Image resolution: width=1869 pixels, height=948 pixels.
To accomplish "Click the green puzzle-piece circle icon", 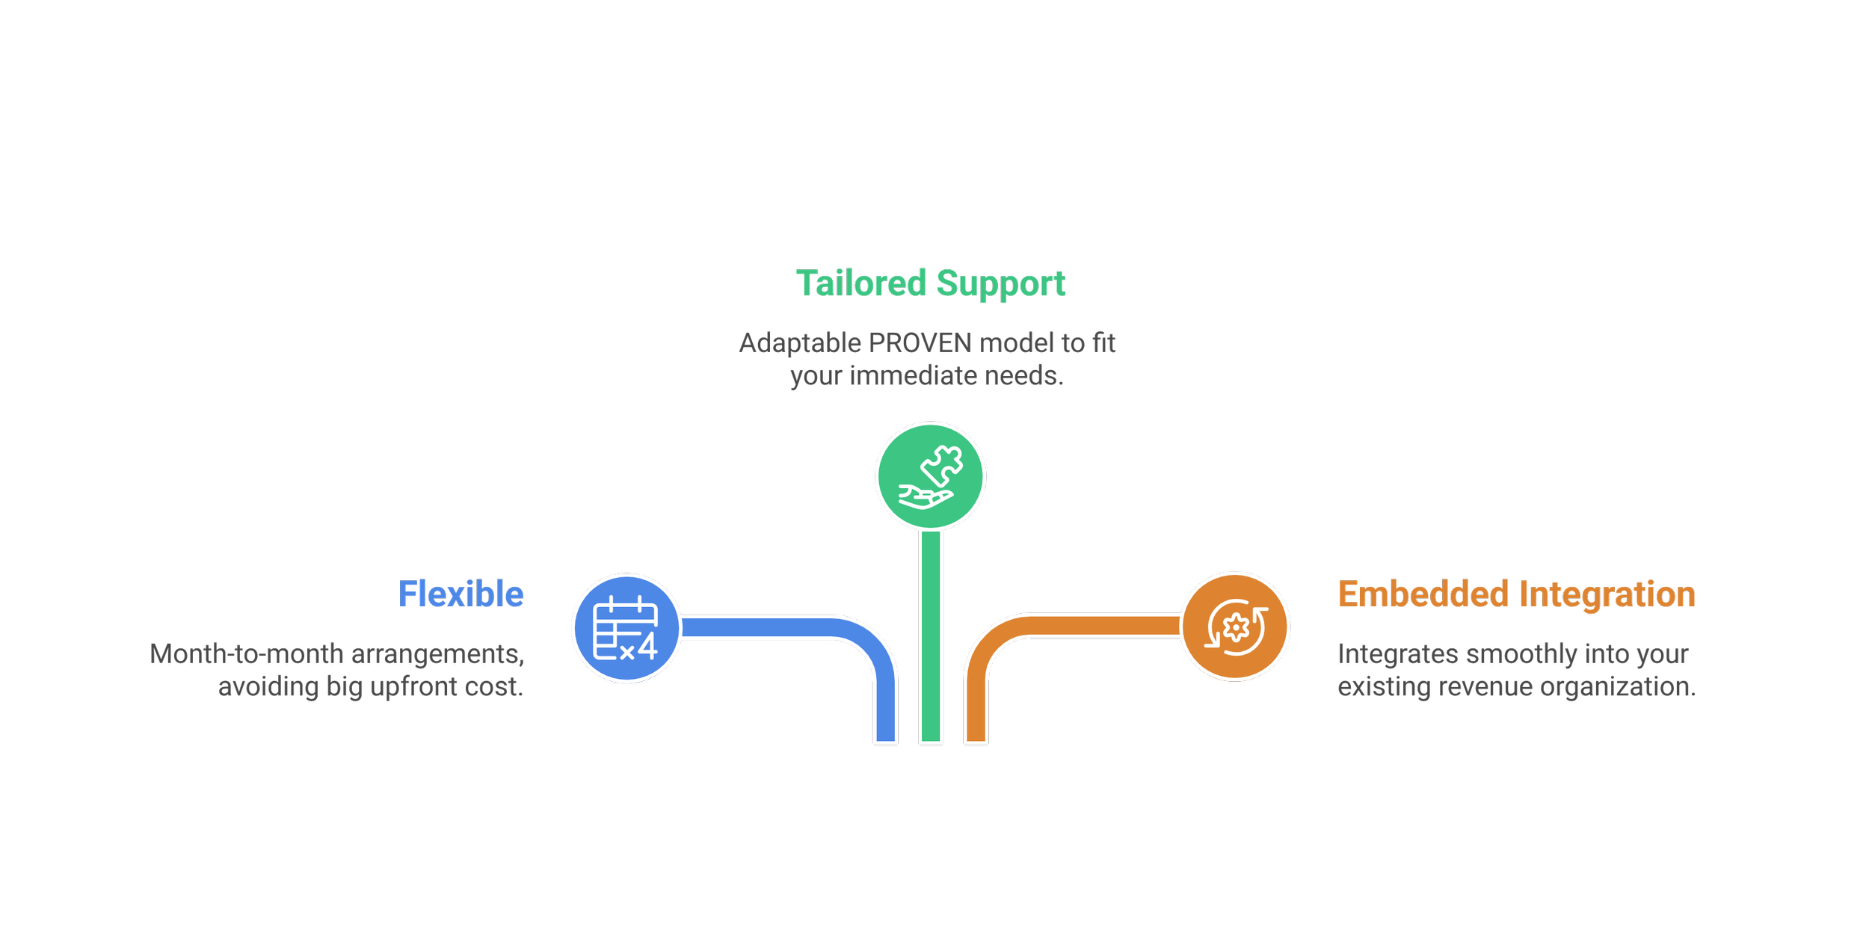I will click(930, 476).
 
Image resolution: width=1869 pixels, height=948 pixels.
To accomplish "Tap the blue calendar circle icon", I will click(626, 628).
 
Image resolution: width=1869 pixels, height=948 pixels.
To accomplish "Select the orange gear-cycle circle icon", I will click(1235, 627).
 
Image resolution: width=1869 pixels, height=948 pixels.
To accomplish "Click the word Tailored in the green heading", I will click(861, 284).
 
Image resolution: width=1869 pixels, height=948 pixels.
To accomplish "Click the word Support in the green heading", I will click(1001, 284).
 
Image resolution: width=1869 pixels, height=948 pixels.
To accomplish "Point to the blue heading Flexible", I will click(461, 596).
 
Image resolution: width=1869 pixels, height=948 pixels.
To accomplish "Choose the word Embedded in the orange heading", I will click(1423, 596).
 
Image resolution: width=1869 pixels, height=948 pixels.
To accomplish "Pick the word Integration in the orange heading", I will click(1607, 596).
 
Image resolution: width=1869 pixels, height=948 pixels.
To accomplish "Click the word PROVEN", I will click(920, 344).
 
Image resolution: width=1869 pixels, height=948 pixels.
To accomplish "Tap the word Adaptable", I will click(800, 344).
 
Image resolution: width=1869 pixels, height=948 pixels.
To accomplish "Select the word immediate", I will click(914, 376).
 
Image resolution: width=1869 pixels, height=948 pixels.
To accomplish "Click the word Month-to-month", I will click(247, 655).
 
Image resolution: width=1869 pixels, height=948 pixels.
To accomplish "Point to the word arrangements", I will click(437, 655).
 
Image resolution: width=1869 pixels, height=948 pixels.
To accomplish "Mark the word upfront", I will click(414, 687).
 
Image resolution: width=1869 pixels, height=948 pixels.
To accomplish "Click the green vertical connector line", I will click(931, 635).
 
